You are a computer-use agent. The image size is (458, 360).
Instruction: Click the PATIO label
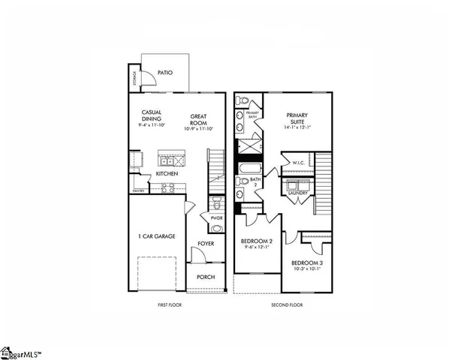pyautogui.click(x=166, y=73)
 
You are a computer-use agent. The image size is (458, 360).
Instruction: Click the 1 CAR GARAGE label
pyautogui.click(x=158, y=236)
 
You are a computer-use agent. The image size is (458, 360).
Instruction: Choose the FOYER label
pyautogui.click(x=206, y=243)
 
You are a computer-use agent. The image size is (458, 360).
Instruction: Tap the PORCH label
pyautogui.click(x=206, y=277)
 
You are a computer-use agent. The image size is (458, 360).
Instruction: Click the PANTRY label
pyautogui.click(x=138, y=190)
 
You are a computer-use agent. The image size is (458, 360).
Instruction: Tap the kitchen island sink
pyautogui.click(x=167, y=160)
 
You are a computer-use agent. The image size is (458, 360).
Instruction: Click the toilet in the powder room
pyautogui.click(x=215, y=202)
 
